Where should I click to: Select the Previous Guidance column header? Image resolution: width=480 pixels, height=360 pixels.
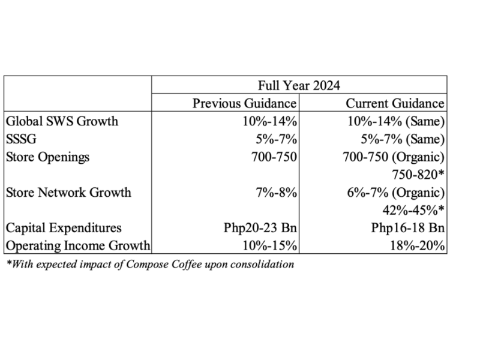(245, 103)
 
